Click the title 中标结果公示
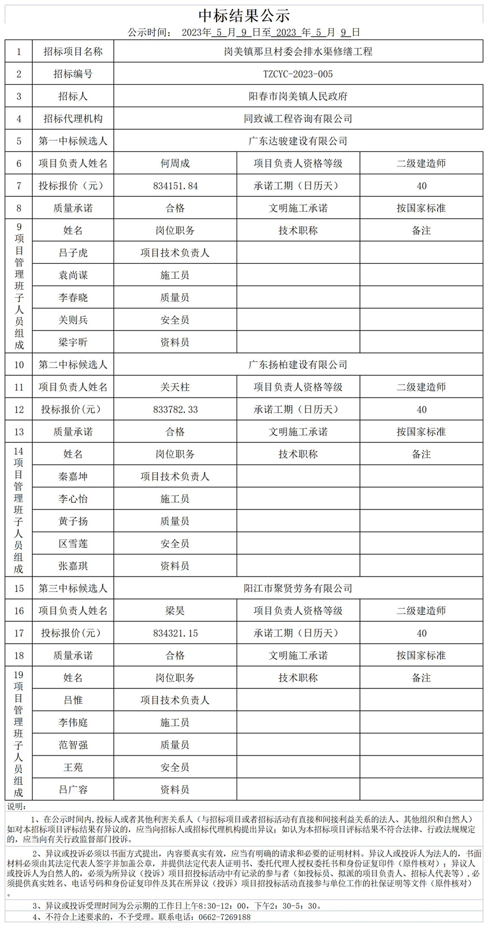click(244, 15)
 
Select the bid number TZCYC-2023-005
click(298, 74)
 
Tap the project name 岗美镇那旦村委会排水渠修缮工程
click(298, 52)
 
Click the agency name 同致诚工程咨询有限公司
click(298, 119)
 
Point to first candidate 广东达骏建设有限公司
click(298, 141)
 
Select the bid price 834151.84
click(175, 186)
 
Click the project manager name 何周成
click(175, 163)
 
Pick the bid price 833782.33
click(175, 410)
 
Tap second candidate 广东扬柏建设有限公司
click(298, 365)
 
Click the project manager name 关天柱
click(175, 387)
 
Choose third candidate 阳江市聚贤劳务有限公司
click(298, 589)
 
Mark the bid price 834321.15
click(175, 633)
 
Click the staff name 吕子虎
click(73, 253)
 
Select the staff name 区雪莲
click(73, 544)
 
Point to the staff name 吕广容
click(73, 790)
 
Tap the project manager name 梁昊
click(175, 611)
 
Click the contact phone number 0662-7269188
click(224, 917)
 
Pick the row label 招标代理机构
click(73, 119)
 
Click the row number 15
click(19, 589)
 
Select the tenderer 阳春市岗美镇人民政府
click(298, 96)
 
